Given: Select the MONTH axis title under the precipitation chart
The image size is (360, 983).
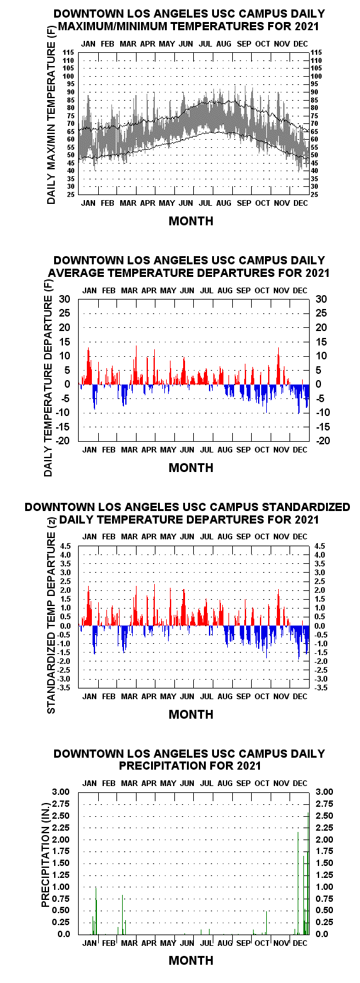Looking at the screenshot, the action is [191, 960].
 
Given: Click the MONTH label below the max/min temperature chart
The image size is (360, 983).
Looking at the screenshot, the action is [191, 221].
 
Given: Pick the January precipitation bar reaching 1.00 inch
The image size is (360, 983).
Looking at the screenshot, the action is [96, 911].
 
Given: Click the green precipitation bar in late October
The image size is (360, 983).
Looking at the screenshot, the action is [266, 923].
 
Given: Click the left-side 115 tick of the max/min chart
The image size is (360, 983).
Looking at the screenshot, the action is [68, 53].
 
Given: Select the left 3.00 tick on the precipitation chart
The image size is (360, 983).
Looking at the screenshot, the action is [60, 792].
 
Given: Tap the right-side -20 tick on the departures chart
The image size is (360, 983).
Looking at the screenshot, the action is [323, 441].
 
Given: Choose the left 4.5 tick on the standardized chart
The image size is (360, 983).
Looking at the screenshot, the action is [66, 546].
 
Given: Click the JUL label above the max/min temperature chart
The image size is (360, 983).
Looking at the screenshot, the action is [205, 44].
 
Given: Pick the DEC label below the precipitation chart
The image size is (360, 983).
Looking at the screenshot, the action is [300, 943].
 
